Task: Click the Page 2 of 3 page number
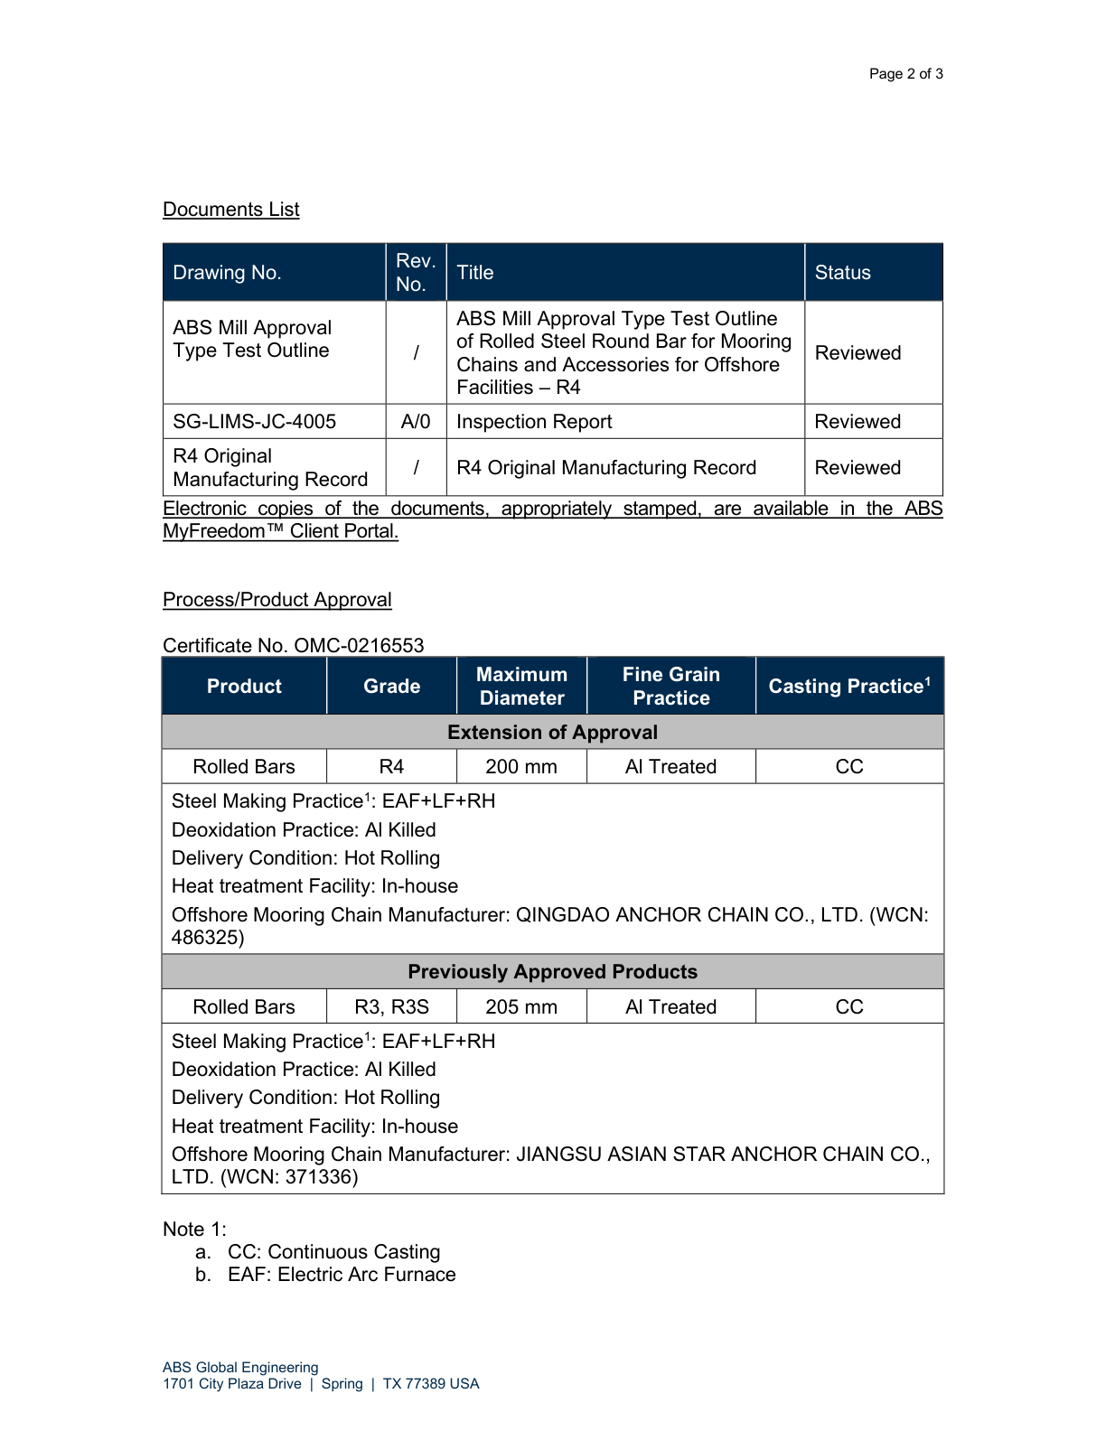click(905, 74)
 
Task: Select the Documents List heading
click(230, 210)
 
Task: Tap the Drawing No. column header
click(227, 273)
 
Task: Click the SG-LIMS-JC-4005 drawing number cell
click(254, 422)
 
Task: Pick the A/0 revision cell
click(416, 422)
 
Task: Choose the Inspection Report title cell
click(534, 422)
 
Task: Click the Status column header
click(842, 273)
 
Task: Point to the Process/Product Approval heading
click(276, 600)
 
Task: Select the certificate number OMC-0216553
click(359, 646)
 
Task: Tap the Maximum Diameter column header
click(521, 687)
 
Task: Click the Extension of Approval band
click(552, 733)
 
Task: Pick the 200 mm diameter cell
click(521, 767)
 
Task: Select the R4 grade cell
click(391, 767)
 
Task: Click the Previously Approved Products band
click(552, 972)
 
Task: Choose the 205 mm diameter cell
click(521, 1007)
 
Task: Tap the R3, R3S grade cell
click(391, 1007)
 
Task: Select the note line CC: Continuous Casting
click(333, 1252)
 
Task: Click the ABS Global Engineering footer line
click(240, 1368)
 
